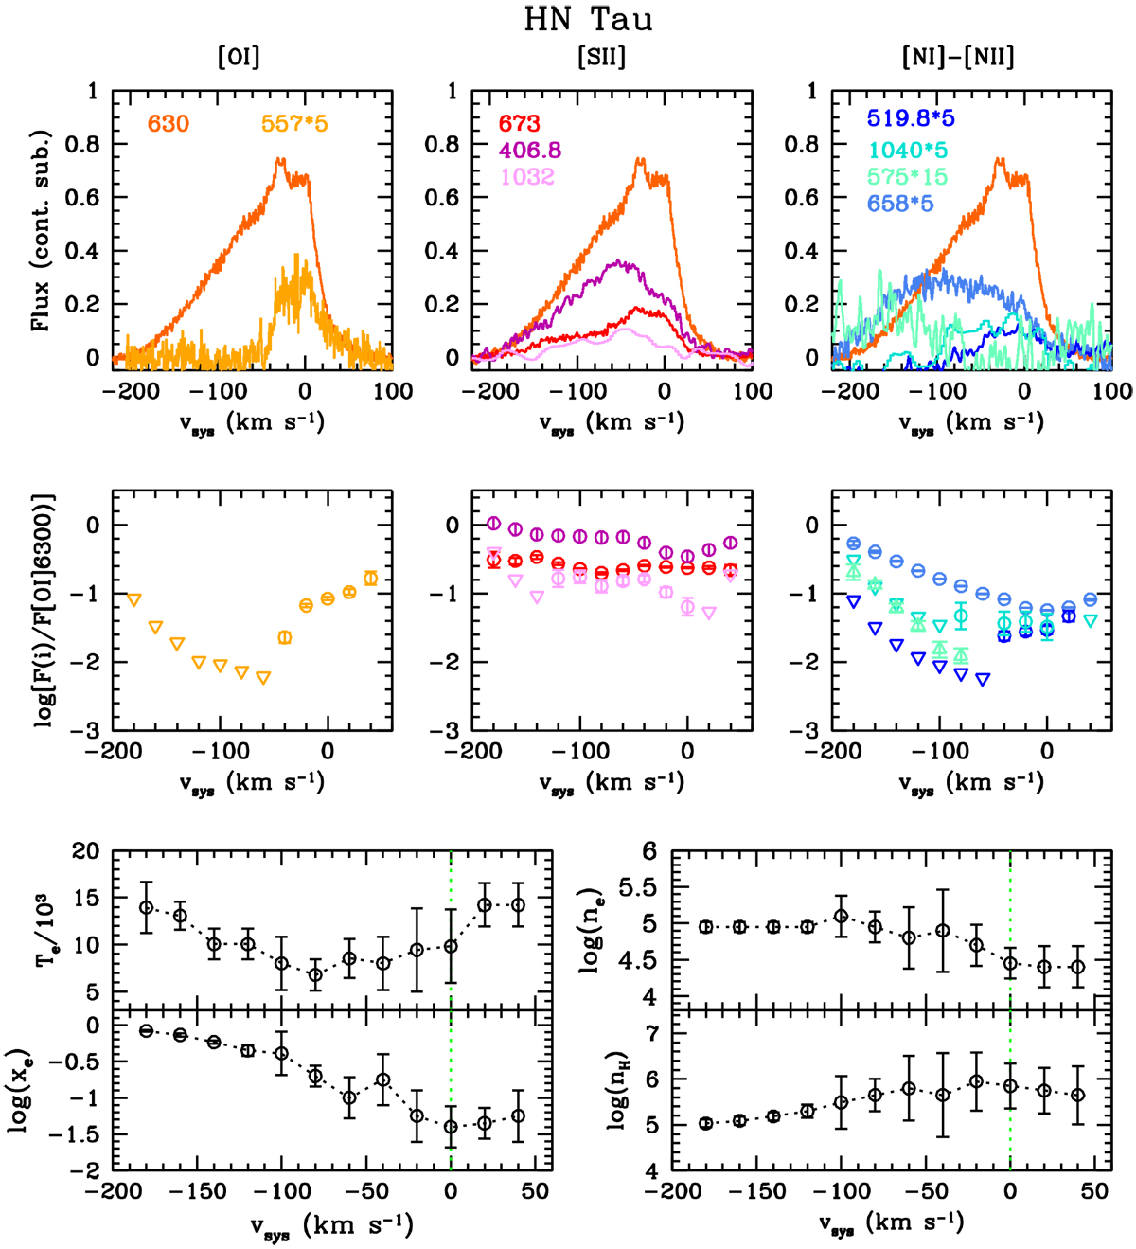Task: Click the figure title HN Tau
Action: coord(587,19)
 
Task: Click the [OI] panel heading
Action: coord(239,58)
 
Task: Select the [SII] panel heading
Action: coord(601,58)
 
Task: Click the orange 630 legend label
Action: coord(168,123)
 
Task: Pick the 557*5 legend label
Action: coord(294,123)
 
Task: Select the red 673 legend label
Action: coord(519,124)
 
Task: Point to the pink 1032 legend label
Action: coord(527,177)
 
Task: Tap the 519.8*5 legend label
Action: coord(909,119)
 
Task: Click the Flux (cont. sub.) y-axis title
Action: coord(40,226)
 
